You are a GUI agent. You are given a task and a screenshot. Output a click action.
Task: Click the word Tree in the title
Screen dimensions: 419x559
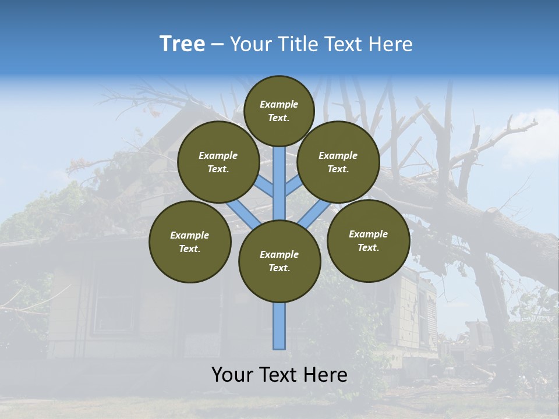(182, 44)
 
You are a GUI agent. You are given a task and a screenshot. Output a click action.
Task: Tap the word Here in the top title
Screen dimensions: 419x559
(391, 44)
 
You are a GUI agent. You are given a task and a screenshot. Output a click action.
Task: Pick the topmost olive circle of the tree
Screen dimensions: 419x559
(279, 111)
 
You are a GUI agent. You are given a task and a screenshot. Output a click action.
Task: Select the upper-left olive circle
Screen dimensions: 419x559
(218, 162)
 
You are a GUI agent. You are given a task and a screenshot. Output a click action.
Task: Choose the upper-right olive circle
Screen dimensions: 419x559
(338, 162)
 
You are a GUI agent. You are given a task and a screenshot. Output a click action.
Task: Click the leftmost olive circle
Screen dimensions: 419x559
(190, 242)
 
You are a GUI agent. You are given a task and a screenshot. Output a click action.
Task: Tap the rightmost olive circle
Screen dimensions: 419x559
(368, 240)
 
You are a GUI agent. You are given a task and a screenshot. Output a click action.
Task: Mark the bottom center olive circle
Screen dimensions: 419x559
(279, 261)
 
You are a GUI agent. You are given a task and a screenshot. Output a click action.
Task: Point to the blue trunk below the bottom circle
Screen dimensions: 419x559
(279, 326)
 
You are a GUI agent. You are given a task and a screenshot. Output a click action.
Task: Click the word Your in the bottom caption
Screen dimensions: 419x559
(232, 375)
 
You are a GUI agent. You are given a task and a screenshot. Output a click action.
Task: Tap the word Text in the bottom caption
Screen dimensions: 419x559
(279, 375)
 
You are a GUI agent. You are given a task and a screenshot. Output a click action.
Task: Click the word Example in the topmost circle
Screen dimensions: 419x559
(279, 104)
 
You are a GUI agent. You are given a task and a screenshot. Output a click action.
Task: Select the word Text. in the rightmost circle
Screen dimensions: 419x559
(368, 247)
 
